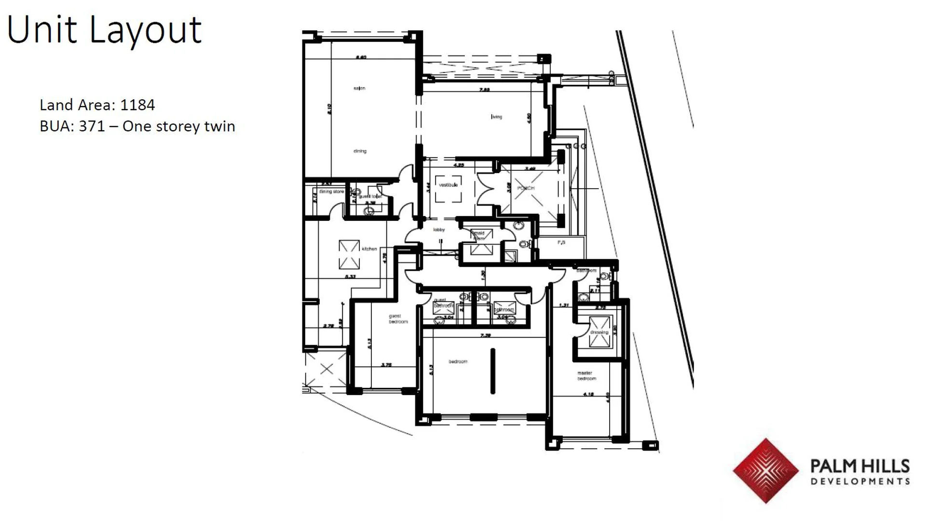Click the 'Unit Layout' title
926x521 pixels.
pyautogui.click(x=104, y=30)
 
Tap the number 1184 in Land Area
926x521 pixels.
pyautogui.click(x=137, y=105)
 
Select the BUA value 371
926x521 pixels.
pyautogui.click(x=92, y=126)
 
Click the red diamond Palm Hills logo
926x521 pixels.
pyautogui.click(x=765, y=470)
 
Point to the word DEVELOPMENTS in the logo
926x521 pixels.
pyautogui.click(x=860, y=481)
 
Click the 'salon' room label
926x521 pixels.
pyautogui.click(x=359, y=88)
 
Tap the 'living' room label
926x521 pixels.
pyautogui.click(x=496, y=117)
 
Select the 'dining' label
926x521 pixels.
pyautogui.click(x=360, y=151)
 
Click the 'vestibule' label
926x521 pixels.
pyautogui.click(x=448, y=185)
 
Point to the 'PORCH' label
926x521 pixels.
pyautogui.click(x=526, y=188)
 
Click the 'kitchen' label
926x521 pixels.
pyautogui.click(x=369, y=249)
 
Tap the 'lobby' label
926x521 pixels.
pyautogui.click(x=438, y=230)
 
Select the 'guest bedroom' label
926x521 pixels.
pyautogui.click(x=398, y=319)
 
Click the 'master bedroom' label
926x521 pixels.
pyautogui.click(x=586, y=376)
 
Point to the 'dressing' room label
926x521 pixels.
pyautogui.click(x=599, y=332)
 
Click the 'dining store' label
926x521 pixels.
pyautogui.click(x=331, y=192)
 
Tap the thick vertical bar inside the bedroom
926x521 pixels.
pyautogui.click(x=492, y=371)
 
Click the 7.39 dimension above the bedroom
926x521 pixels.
pyautogui.click(x=485, y=335)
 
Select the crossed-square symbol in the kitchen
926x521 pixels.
pyautogui.click(x=349, y=255)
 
